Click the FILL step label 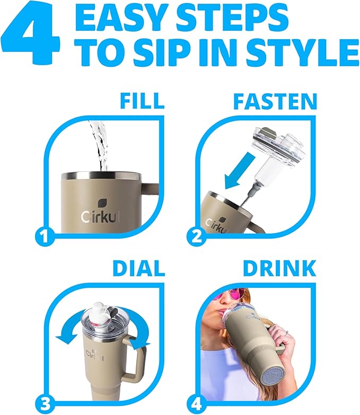tap(142, 100)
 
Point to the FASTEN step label tap(275, 101)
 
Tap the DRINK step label tap(279, 268)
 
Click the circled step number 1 tap(45, 236)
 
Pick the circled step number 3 tap(45, 404)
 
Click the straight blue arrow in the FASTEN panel tap(240, 170)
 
